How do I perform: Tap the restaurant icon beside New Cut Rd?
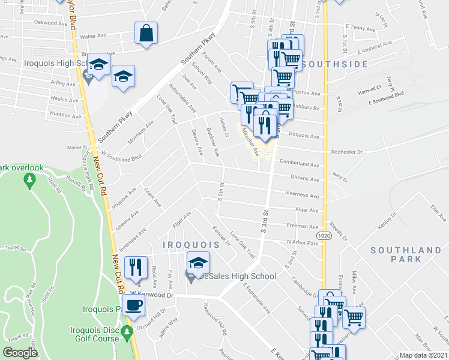pyautogui.click(x=136, y=267)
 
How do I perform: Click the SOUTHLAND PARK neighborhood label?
pyautogui.click(x=406, y=254)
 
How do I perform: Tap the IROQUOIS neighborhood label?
pyautogui.click(x=190, y=245)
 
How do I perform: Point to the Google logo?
pyautogui.click(x=20, y=353)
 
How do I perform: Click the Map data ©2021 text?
pyautogui.click(x=423, y=355)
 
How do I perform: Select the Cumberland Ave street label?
pyautogui.click(x=298, y=164)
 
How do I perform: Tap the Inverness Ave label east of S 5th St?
pyautogui.click(x=302, y=195)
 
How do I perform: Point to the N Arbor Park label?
pyautogui.click(x=302, y=242)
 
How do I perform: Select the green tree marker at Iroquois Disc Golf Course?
pyautogui.click(x=127, y=332)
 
